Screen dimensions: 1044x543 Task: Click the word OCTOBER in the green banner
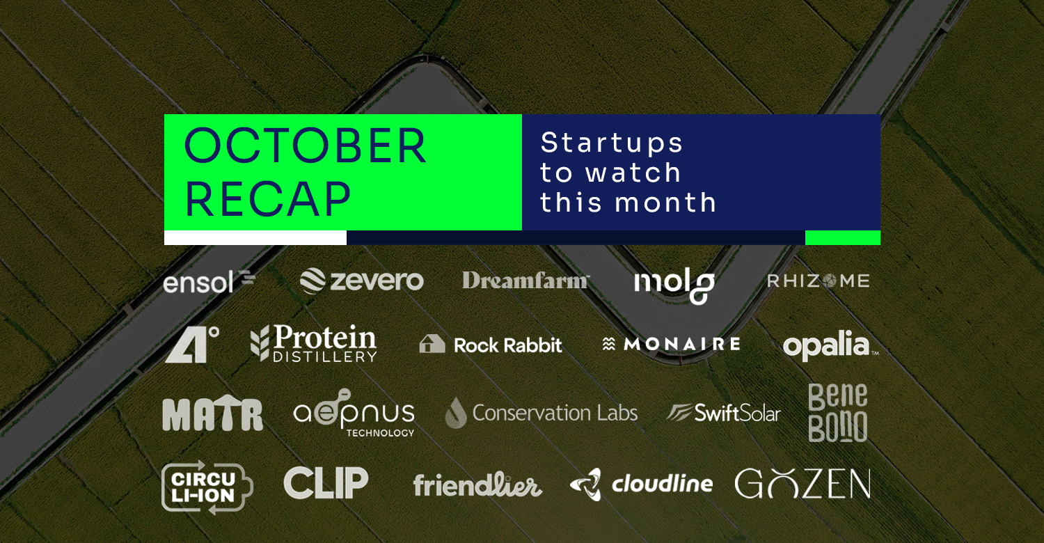(x=306, y=145)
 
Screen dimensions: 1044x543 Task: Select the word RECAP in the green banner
(x=267, y=200)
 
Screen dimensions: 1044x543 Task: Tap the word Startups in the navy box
(x=612, y=143)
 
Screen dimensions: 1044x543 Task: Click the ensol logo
(x=209, y=281)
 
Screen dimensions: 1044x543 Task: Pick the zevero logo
(x=362, y=281)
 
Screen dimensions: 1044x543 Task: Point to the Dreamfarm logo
(x=525, y=281)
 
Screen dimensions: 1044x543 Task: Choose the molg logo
(x=674, y=285)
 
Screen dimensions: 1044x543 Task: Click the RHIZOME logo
(x=818, y=281)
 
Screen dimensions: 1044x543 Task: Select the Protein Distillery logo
(x=314, y=343)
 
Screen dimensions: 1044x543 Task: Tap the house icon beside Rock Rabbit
(x=432, y=345)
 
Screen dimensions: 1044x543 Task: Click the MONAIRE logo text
(x=682, y=345)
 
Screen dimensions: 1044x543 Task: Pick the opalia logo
(x=830, y=345)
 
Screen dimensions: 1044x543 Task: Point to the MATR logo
(x=212, y=415)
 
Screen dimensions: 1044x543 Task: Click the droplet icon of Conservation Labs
(x=456, y=413)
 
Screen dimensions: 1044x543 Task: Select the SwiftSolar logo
(x=723, y=413)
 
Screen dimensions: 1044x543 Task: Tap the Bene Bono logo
(x=837, y=413)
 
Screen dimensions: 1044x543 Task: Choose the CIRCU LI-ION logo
(x=207, y=487)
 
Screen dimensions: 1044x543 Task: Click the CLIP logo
(x=326, y=483)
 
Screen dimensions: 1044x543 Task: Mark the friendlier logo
(x=477, y=485)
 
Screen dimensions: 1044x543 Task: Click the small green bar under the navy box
(x=843, y=237)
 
